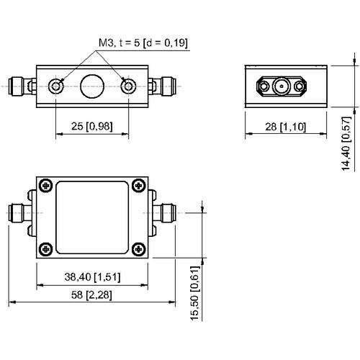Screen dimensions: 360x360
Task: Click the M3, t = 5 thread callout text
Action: coord(143,43)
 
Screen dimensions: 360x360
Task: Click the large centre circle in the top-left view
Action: coord(92,87)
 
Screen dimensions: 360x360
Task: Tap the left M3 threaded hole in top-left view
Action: coord(57,87)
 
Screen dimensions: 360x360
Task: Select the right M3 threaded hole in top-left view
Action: coord(128,87)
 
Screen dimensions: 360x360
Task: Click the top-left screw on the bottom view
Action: coord(46,185)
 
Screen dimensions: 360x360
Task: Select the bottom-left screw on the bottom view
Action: coord(46,248)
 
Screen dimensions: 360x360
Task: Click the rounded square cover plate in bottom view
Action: coord(92,216)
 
